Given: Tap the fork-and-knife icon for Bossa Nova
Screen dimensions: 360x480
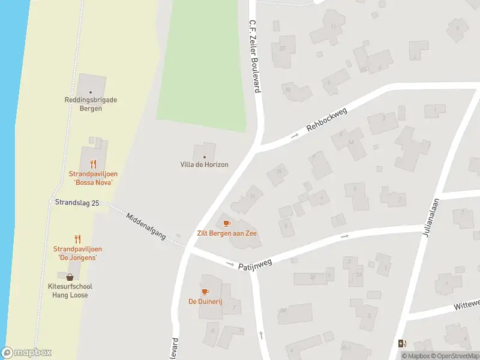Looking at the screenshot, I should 92,163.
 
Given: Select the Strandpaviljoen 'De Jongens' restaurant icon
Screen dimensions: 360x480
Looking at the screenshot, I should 77,238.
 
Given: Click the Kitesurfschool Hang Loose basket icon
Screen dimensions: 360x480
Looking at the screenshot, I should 70,277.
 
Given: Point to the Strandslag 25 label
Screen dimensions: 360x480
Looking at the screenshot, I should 77,203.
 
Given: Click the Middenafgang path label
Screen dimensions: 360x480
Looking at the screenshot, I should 146,226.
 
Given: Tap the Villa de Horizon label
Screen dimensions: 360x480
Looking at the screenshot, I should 204,164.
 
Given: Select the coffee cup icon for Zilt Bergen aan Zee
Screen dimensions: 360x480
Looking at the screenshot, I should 227,223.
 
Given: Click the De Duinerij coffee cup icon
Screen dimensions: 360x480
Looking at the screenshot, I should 205,292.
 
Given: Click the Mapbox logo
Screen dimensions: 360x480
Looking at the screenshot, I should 26,353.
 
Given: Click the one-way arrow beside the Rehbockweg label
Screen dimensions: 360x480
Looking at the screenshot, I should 295,136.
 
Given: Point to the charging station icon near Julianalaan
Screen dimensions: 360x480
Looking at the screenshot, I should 401,343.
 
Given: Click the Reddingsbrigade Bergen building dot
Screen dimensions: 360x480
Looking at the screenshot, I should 91,92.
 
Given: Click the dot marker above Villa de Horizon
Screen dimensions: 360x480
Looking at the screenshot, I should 204,157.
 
